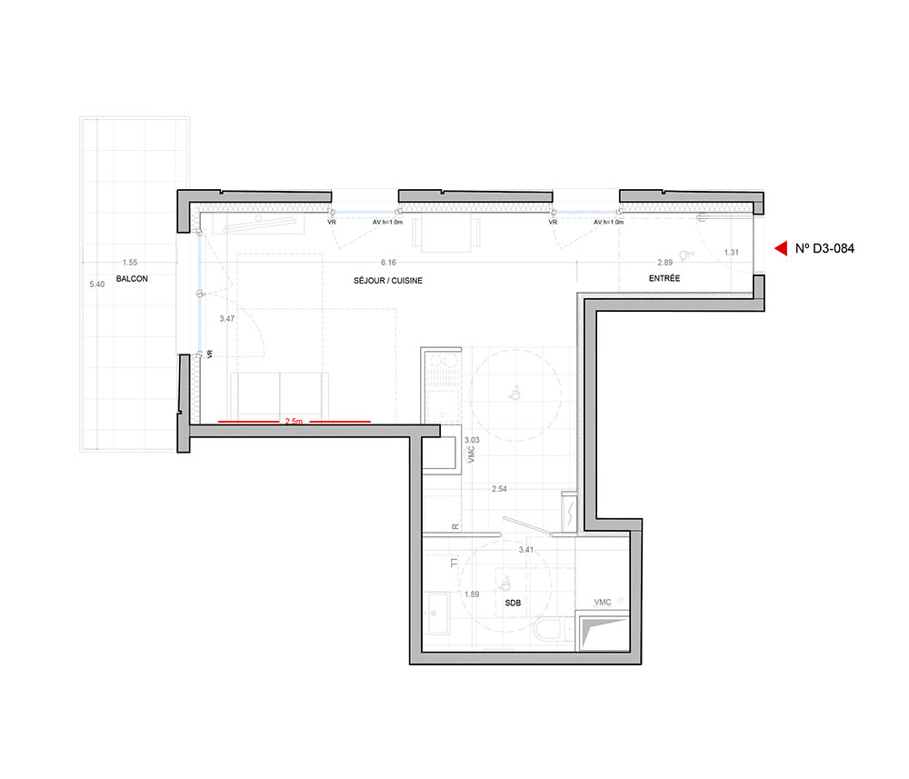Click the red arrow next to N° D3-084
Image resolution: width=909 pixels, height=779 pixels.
tap(781, 248)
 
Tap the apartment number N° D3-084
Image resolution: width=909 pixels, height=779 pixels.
tap(824, 249)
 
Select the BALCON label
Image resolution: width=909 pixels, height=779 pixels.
tap(132, 279)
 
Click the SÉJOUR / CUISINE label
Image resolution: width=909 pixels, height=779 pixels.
tap(388, 281)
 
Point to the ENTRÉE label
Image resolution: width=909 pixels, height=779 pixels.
tap(664, 278)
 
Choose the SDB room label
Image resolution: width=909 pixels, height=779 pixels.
tap(513, 603)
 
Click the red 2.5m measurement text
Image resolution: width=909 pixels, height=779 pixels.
tap(294, 422)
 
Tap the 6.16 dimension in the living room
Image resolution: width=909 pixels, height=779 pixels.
tap(388, 263)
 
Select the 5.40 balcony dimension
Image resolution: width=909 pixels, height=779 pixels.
tap(97, 284)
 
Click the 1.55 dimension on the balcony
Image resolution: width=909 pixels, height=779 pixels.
tap(130, 263)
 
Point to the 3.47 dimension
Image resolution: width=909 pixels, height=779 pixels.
tap(227, 319)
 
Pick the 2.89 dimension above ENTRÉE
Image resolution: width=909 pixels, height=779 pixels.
tap(665, 263)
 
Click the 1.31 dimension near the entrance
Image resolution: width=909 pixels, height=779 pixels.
tap(732, 252)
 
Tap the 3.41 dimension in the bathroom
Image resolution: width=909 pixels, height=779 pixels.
tap(526, 549)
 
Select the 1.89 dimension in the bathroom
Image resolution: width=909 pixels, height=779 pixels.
tap(472, 594)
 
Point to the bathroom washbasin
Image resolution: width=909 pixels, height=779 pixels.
tap(437, 614)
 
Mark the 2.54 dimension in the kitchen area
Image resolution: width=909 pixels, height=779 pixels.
tap(499, 489)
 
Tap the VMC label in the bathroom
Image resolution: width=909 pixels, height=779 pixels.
tap(603, 603)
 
